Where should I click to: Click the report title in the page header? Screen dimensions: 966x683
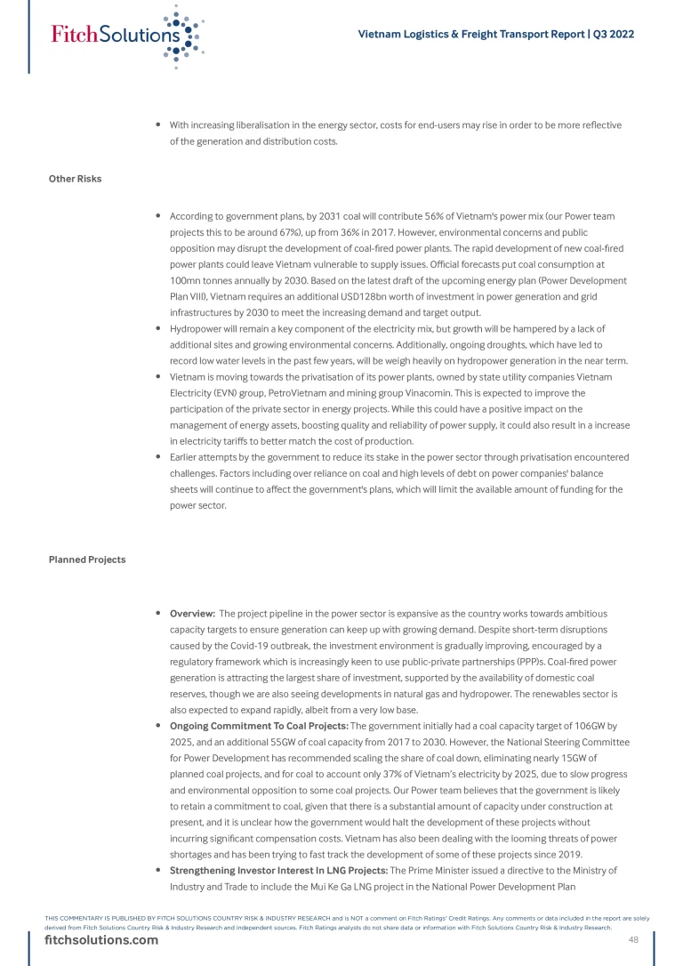[495, 35]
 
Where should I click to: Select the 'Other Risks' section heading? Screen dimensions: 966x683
[75, 179]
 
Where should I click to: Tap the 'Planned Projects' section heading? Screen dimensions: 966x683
[86, 559]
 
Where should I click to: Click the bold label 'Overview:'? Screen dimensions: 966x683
[192, 614]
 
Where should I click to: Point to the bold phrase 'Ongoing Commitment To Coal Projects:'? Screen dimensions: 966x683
[259, 726]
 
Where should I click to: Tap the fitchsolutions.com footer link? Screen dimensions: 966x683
[101, 941]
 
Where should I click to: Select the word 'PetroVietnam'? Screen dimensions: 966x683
[297, 392]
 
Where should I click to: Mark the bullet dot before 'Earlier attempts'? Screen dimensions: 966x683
[157, 456]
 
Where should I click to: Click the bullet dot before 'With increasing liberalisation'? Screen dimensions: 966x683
[157, 125]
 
